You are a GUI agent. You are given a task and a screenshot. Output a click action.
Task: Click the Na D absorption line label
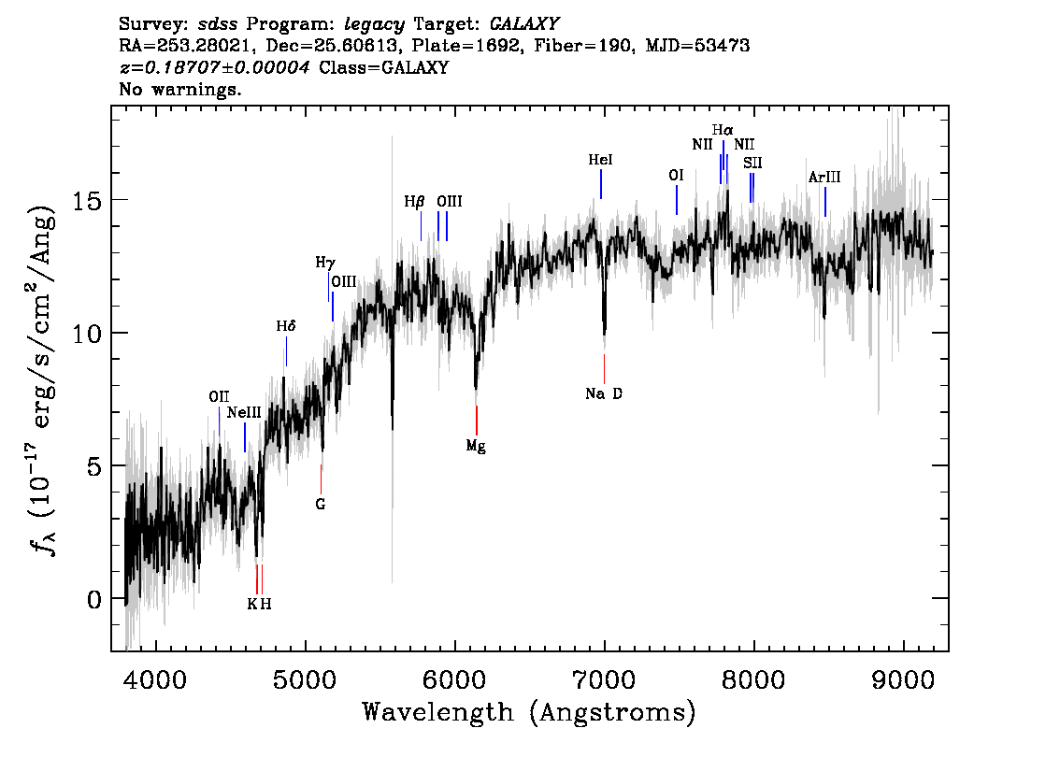point(604,393)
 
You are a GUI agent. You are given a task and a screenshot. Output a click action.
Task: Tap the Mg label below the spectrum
point(476,446)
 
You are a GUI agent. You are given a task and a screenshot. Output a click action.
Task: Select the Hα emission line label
point(723,129)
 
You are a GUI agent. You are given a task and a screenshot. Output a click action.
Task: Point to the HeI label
point(600,160)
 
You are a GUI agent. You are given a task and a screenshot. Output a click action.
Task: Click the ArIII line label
point(824,177)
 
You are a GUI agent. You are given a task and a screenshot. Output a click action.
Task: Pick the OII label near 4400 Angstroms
point(219,397)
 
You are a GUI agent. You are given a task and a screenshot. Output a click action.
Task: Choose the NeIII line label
point(244,412)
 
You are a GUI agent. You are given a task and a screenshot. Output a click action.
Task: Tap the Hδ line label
point(286,326)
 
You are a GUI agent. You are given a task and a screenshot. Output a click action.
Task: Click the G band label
point(321,505)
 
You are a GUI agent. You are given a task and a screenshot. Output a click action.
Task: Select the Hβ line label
point(414,202)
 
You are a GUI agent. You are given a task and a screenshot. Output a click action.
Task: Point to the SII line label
point(752,163)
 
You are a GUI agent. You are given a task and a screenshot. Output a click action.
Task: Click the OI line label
point(676,176)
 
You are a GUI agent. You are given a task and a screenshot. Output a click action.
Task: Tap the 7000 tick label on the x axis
point(604,679)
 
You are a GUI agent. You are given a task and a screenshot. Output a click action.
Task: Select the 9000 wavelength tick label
point(902,679)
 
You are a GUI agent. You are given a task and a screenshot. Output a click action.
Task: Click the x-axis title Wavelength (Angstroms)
point(529,712)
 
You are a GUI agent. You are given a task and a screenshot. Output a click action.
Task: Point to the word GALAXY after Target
point(523,24)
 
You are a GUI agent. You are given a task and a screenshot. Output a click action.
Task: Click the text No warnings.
point(179,89)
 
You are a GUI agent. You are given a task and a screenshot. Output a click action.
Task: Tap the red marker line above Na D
point(605,369)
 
